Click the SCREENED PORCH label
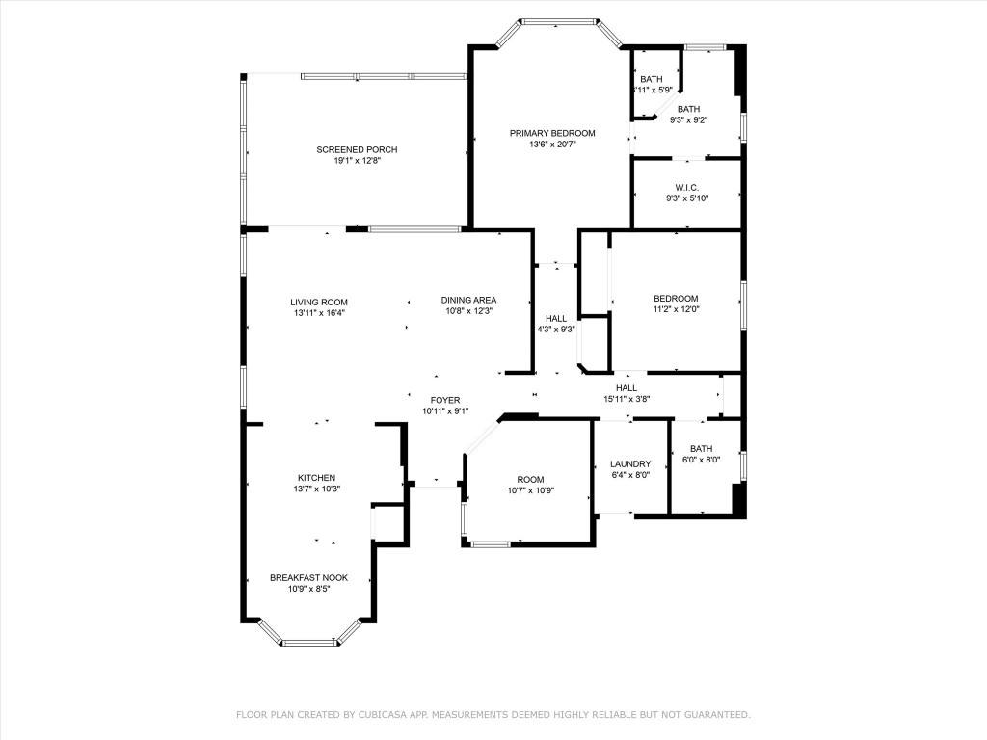pyautogui.click(x=357, y=149)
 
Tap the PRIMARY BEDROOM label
pyautogui.click(x=552, y=133)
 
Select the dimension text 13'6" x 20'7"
pyautogui.click(x=552, y=145)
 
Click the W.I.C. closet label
pyautogui.click(x=686, y=187)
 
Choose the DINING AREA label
pyautogui.click(x=468, y=300)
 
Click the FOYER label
pyautogui.click(x=445, y=400)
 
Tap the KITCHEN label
pyautogui.click(x=316, y=478)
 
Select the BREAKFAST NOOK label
pyautogui.click(x=308, y=577)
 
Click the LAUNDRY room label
pyautogui.click(x=630, y=463)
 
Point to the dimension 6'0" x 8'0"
pyautogui.click(x=701, y=460)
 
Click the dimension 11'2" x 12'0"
pyautogui.click(x=676, y=310)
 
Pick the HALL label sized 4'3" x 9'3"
pyautogui.click(x=556, y=318)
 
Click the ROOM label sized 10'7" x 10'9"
pyautogui.click(x=530, y=480)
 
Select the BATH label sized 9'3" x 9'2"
pyautogui.click(x=688, y=109)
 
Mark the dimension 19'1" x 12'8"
pyautogui.click(x=357, y=161)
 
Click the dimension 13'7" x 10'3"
pyautogui.click(x=316, y=489)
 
